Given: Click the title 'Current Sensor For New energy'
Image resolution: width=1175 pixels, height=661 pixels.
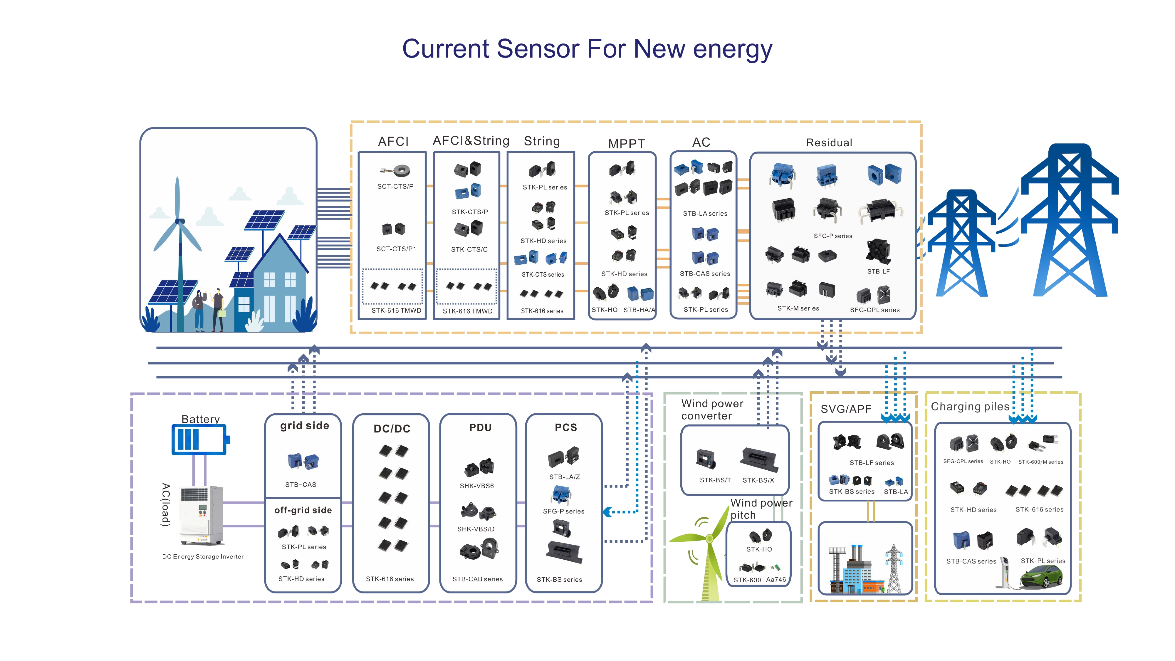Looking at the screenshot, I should click(587, 49).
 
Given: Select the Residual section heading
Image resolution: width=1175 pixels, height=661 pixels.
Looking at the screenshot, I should click(829, 143).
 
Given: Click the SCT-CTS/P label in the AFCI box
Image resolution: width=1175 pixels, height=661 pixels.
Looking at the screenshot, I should click(395, 187).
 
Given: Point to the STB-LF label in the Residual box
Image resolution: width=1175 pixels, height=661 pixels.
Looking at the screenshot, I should click(878, 271).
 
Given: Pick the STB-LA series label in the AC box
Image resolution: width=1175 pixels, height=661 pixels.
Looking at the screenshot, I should click(705, 214).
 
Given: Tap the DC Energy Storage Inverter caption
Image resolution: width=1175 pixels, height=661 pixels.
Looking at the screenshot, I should click(203, 556).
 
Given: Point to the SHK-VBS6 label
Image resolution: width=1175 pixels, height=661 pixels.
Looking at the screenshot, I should click(477, 486).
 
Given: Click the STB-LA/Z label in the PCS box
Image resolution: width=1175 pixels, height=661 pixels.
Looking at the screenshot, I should click(564, 477).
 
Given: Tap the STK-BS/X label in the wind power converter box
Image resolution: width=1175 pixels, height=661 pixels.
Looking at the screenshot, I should click(758, 480).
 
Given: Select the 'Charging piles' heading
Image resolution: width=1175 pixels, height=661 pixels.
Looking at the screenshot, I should click(970, 407).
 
